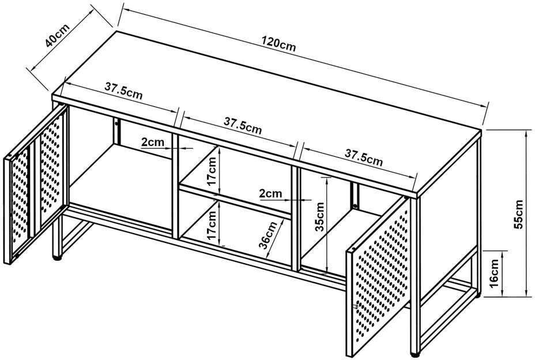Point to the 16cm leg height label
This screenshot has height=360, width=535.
(495, 273)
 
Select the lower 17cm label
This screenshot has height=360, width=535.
(213, 226)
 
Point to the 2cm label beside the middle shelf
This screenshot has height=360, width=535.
(270, 193)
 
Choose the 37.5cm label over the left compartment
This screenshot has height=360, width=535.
(124, 91)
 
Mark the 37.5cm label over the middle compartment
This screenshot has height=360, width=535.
(243, 126)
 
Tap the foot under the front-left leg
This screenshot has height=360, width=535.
(56, 256)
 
